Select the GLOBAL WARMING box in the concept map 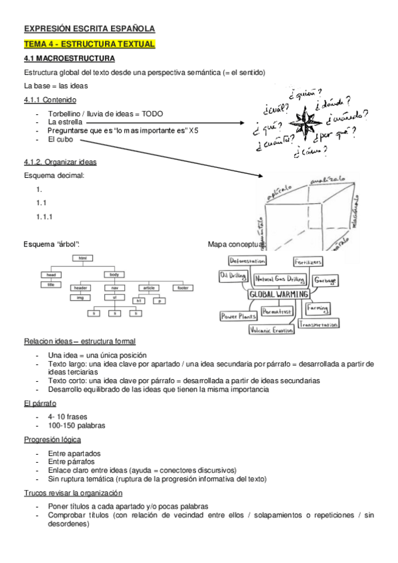pos(278,294)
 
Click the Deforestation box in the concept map pos(247,261)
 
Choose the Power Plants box pos(239,316)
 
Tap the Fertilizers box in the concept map pos(309,262)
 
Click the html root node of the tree pos(83,258)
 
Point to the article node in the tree pos(149,287)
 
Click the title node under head pos(50,285)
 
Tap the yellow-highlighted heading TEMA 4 pos(89,44)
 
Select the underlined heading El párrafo pos(40,403)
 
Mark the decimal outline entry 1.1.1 pos(45,216)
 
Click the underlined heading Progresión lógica pos(53,440)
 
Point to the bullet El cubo pos(60,139)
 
